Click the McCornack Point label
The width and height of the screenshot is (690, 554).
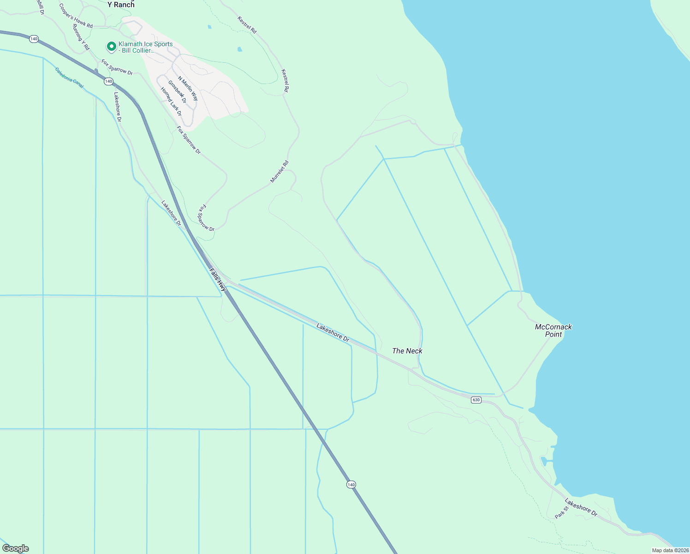coord(553,330)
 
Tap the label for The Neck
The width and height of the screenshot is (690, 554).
coord(407,351)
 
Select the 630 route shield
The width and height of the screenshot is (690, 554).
coord(476,400)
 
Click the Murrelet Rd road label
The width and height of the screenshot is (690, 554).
coord(280,171)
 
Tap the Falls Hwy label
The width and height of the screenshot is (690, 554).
coord(218,279)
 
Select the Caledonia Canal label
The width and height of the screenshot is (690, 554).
coord(69,78)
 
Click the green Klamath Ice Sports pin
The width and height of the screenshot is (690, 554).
coord(111,47)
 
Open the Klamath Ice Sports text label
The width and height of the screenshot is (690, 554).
coord(145,47)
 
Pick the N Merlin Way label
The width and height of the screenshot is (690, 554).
coord(188,89)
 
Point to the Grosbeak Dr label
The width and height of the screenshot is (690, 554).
coord(177,91)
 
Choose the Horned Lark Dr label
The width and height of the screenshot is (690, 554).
coord(171,102)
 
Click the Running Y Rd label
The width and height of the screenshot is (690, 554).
coord(81,37)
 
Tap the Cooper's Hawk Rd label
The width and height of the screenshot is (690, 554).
coord(76,16)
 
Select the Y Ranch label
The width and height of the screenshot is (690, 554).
coord(121,5)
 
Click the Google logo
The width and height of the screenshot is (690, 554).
coord(16,548)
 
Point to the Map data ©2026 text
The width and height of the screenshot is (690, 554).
coord(670,550)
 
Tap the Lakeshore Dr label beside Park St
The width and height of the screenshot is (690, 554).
coord(581,507)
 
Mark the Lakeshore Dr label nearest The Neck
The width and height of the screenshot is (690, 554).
coord(333,332)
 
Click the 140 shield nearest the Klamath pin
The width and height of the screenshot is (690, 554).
coord(108,81)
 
